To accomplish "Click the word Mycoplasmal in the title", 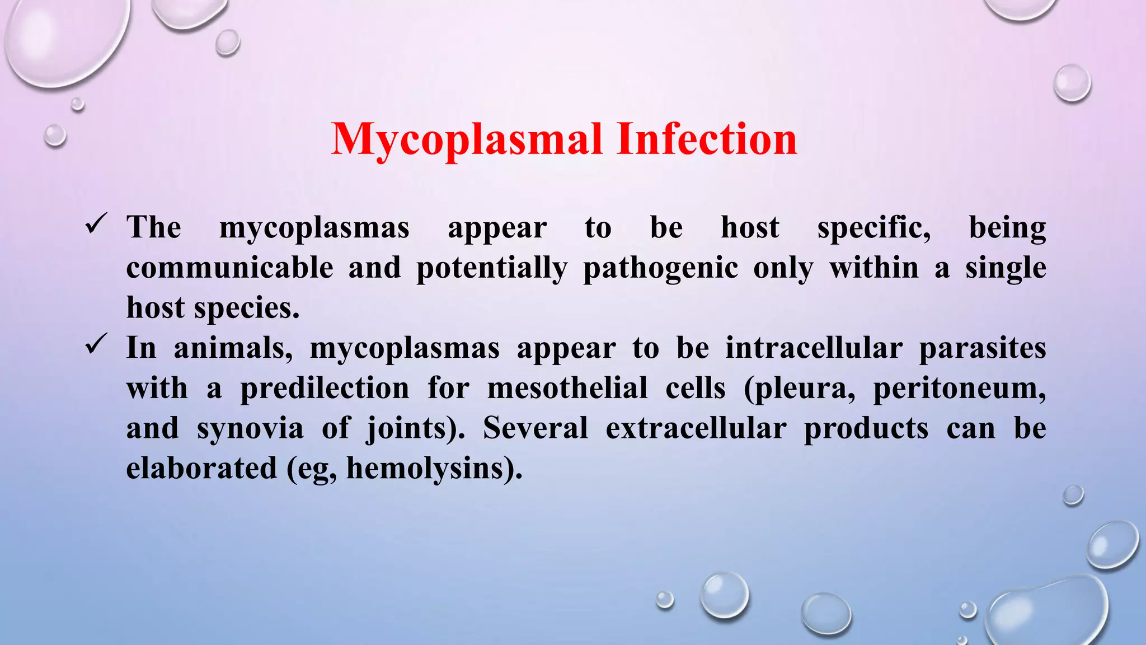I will (467, 140).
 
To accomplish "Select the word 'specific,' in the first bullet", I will (874, 228).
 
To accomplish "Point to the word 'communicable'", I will (229, 268).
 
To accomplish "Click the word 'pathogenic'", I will (660, 269).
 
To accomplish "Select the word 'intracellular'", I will (814, 348).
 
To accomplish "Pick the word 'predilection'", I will (325, 389).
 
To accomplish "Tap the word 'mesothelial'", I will (567, 388).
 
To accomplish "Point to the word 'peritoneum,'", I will (959, 389).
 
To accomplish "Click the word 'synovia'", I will (250, 429).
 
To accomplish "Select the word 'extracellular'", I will (696, 428).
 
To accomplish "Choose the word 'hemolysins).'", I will (434, 469).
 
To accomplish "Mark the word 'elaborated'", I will (201, 469).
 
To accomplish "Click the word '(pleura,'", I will (800, 389).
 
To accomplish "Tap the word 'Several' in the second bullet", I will (535, 428).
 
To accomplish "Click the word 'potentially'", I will (492, 269).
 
